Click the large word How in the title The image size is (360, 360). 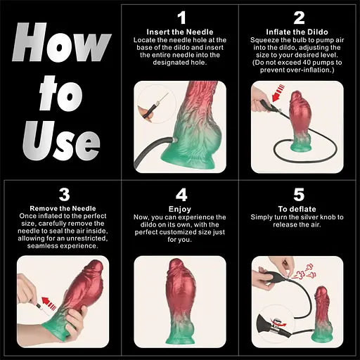click(62, 42)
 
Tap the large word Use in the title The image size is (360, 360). click(61, 141)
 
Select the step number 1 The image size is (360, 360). click(181, 18)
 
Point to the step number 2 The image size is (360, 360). click(299, 18)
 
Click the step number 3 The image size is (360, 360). click(64, 195)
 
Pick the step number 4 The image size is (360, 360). click(181, 195)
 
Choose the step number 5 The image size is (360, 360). click(299, 195)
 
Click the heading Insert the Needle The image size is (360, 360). click(180, 32)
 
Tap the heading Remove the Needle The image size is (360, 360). click(63, 208)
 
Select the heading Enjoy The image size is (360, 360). click(180, 209)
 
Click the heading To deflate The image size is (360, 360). click(297, 209)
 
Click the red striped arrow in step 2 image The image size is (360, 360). click(278, 93)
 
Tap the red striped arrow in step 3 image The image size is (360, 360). click(49, 303)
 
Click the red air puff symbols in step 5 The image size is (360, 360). click(304, 272)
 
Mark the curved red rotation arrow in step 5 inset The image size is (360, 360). click(280, 323)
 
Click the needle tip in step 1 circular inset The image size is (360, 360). click(168, 94)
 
